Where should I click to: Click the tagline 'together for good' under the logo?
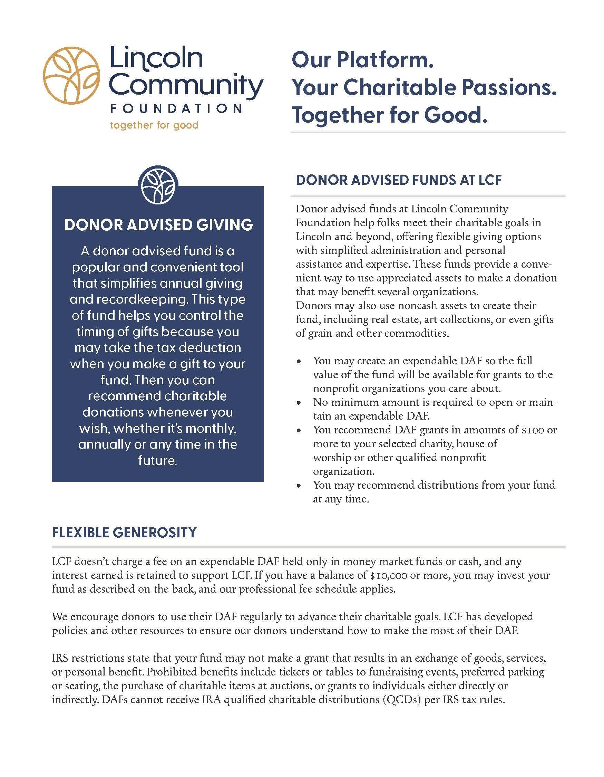tap(154, 125)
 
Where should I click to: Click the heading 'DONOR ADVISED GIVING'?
tap(158, 225)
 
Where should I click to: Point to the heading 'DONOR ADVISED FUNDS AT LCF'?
tap(399, 180)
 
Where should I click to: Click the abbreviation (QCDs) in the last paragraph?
tap(402, 700)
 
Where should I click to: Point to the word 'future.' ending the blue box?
tap(157, 461)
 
